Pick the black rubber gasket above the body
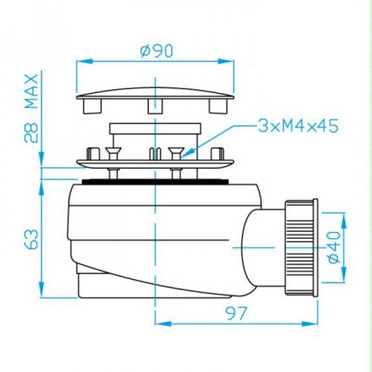156,181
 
